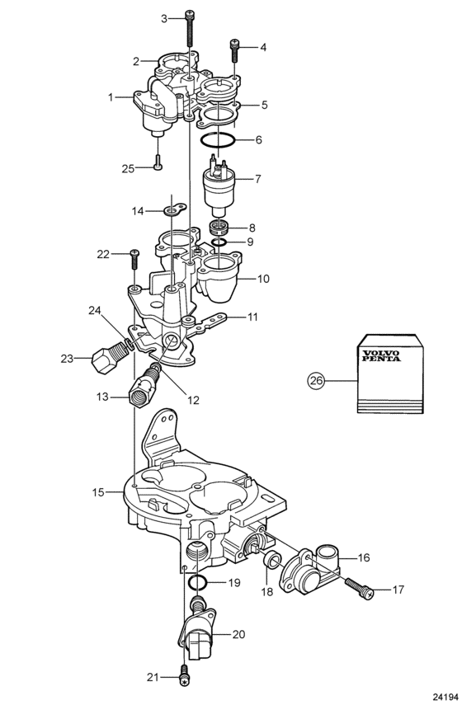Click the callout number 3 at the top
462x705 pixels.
164,18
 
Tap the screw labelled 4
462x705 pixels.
234,51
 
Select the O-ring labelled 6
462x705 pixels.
218,140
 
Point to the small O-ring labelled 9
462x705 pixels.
219,242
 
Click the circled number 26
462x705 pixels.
316,380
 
